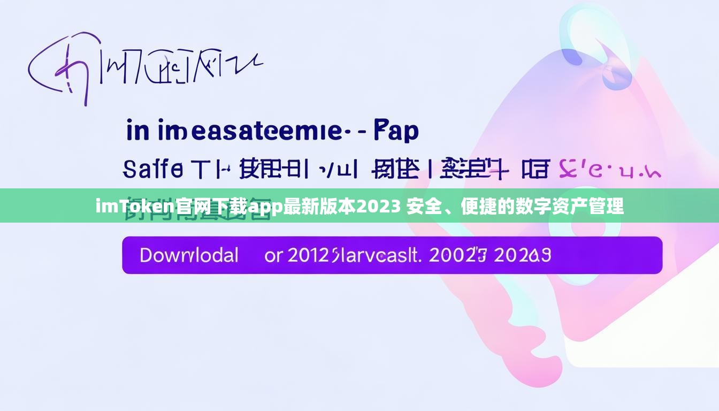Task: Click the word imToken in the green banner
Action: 135,206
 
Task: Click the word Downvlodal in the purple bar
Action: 189,255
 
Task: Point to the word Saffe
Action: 153,169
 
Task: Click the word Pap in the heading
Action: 396,131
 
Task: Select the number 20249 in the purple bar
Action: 522,255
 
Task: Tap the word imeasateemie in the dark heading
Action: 250,131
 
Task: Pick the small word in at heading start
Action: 137,131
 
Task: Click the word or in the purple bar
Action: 273,255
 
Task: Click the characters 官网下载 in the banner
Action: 211,206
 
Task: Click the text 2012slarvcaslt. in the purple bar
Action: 353,255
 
